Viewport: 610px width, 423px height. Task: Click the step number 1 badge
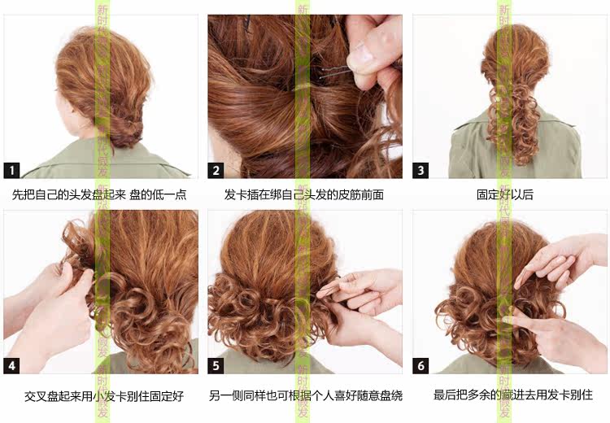pyautogui.click(x=12, y=170)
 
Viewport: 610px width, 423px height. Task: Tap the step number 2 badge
pyautogui.click(x=216, y=170)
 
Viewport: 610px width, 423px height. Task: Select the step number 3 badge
pyautogui.click(x=420, y=170)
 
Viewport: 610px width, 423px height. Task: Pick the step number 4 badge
pyautogui.click(x=12, y=366)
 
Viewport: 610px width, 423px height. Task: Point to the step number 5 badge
pyautogui.click(x=216, y=366)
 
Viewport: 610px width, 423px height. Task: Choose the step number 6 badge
pyautogui.click(x=420, y=366)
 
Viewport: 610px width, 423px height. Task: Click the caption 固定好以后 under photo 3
pyautogui.click(x=505, y=195)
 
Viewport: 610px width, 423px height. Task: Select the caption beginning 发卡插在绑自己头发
pyautogui.click(x=304, y=195)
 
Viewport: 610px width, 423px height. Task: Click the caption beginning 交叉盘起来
pyautogui.click(x=97, y=396)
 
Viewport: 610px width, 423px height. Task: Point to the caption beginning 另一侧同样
pyautogui.click(x=305, y=396)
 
